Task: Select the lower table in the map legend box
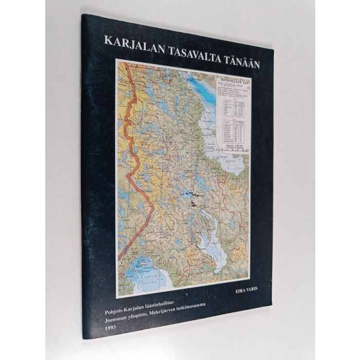[234, 131]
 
